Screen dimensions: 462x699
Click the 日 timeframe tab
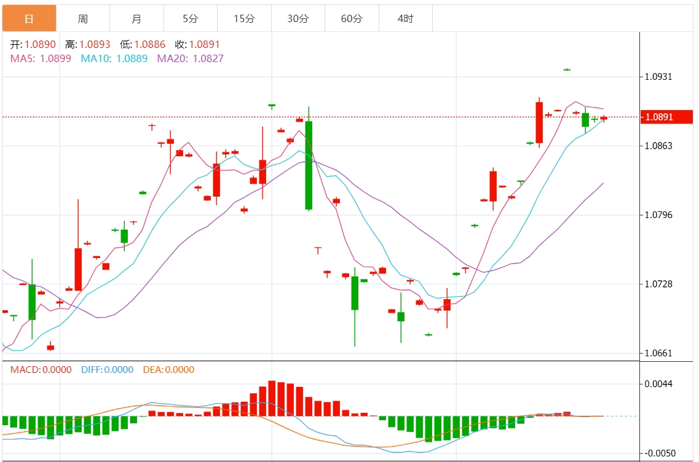coord(29,18)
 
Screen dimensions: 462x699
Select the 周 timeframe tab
coord(83,18)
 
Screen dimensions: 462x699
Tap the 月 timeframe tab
coord(136,18)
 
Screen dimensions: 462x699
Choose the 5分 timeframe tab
coord(191,18)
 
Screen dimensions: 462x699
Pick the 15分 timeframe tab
coord(244,18)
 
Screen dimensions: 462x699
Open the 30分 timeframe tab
coord(298,18)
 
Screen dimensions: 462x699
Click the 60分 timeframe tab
coord(352,18)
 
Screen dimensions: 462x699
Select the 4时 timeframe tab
coord(405,18)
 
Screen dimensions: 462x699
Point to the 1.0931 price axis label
coord(658,77)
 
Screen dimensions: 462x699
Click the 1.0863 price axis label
coord(658,146)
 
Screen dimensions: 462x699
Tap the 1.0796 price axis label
coord(658,215)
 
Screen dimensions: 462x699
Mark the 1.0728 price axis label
coord(658,284)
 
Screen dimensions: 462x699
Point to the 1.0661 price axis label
coord(658,353)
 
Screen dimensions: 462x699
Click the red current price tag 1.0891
coord(666,117)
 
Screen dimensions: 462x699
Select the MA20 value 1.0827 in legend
coord(208,58)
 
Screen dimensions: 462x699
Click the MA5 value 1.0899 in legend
coord(55,58)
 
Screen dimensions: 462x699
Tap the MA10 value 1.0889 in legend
coord(132,58)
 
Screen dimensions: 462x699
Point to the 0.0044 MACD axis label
coord(658,384)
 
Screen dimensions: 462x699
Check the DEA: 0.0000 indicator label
coord(168,370)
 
